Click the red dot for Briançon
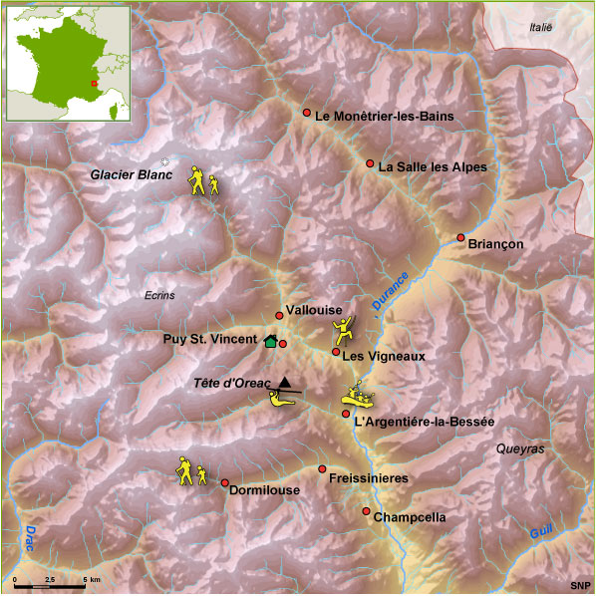pyautogui.click(x=460, y=237)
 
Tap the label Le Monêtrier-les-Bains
pyautogui.click(x=384, y=117)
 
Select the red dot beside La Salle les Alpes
pyautogui.click(x=370, y=163)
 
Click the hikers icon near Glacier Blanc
pyautogui.click(x=203, y=181)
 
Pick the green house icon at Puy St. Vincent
pyautogui.click(x=270, y=341)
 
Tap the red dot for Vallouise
pyautogui.click(x=279, y=316)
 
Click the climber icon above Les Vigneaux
pyautogui.click(x=342, y=329)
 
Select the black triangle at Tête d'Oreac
pyautogui.click(x=286, y=382)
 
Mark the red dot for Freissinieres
pyautogui.click(x=322, y=468)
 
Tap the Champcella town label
pyautogui.click(x=410, y=518)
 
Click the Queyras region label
pyautogui.click(x=520, y=449)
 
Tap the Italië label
pyautogui.click(x=538, y=28)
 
